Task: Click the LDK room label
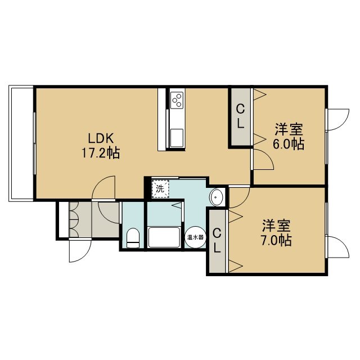click(101, 138)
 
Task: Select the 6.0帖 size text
click(289, 144)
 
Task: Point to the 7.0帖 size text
click(276, 240)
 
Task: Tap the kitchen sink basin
click(177, 137)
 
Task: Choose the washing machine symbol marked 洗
click(160, 189)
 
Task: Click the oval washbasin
click(217, 197)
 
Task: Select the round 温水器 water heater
click(195, 237)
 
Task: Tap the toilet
click(133, 238)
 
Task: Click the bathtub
click(164, 237)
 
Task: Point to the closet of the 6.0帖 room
click(240, 117)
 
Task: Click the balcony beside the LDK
click(21, 144)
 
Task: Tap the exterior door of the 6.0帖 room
click(337, 120)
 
